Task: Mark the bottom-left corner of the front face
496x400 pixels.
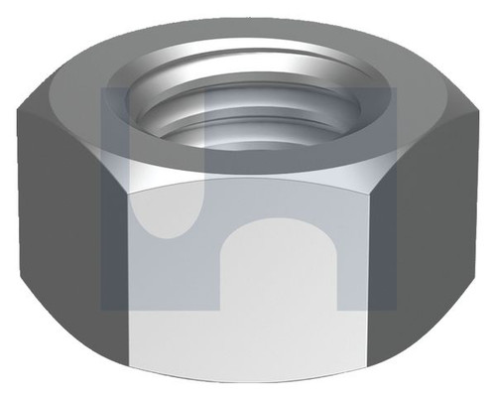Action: coord(129,382)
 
